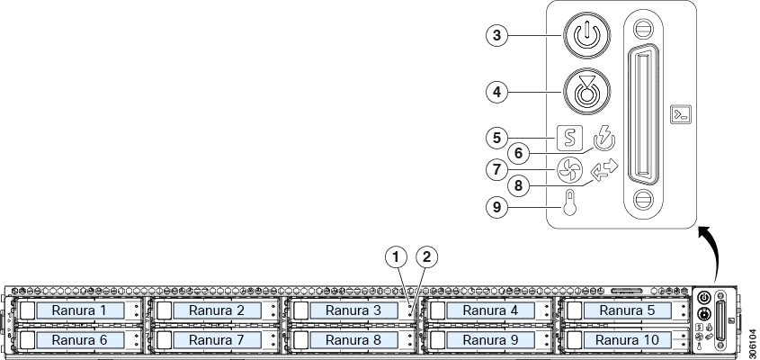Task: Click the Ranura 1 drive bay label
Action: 80,310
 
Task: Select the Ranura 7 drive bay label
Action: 217,339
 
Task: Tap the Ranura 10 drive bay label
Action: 627,339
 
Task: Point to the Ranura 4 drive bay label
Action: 490,310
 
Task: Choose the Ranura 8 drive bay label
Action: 353,339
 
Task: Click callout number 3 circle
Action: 496,35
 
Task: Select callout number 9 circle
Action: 496,208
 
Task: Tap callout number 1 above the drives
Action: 397,257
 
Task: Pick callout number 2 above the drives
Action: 426,257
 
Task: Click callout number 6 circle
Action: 519,154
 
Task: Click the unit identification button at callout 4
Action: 586,91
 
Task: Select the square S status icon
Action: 569,139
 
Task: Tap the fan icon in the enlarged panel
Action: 569,170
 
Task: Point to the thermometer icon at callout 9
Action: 570,202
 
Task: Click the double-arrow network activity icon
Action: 604,170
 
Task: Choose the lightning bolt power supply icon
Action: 604,139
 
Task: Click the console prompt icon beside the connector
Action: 681,114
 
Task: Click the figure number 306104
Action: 752,344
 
